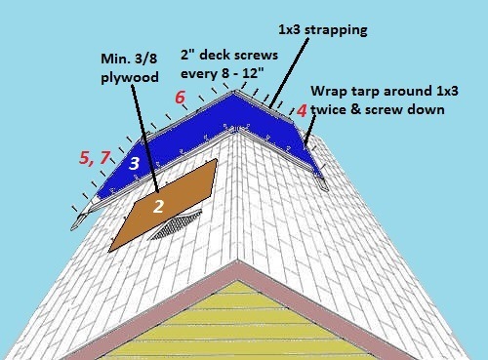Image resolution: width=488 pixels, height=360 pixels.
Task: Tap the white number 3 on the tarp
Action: coord(134,162)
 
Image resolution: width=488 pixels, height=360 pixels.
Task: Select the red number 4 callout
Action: coord(302,111)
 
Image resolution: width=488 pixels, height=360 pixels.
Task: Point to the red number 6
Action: coord(180,98)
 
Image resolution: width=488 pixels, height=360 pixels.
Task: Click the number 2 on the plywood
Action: coord(156,206)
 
